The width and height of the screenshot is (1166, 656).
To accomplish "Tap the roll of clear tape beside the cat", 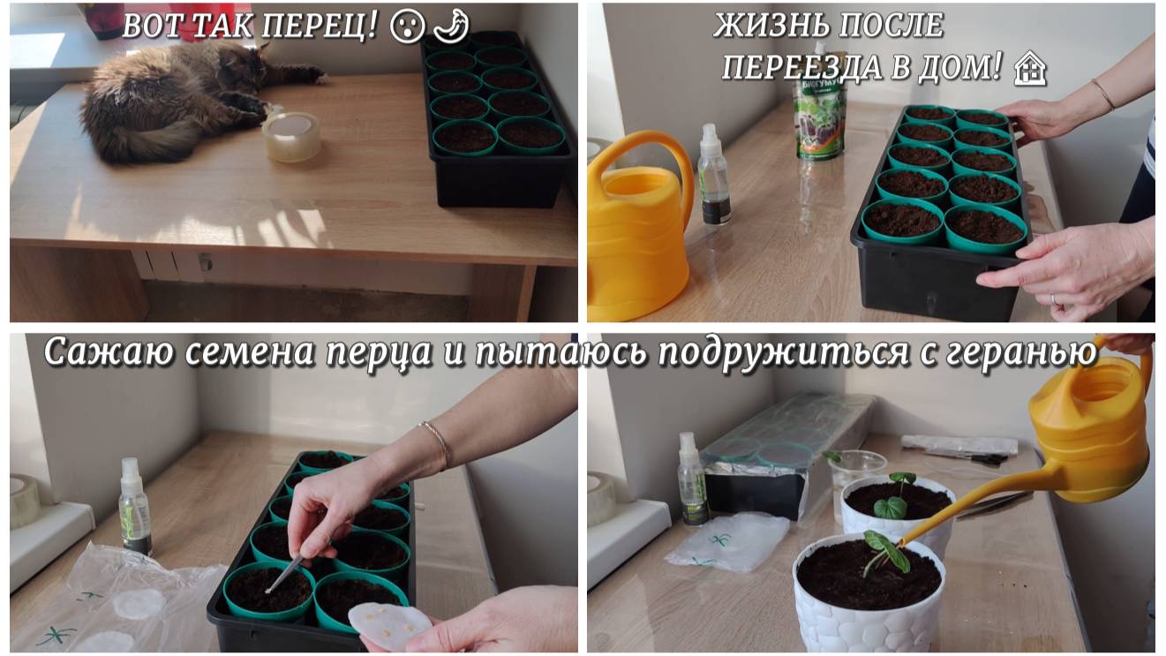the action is (x=291, y=136).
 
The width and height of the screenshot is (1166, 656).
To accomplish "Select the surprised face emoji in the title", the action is (x=408, y=26).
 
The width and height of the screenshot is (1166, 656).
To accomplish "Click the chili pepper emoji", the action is (x=451, y=26).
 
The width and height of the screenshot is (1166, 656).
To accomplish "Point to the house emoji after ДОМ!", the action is (x=1029, y=68).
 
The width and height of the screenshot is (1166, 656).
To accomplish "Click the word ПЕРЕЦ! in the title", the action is (x=319, y=26).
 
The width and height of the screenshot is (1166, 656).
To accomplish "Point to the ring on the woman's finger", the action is (x=1052, y=299).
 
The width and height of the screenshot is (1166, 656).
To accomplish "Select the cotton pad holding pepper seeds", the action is (x=389, y=626).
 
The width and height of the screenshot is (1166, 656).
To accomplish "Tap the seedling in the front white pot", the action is (x=885, y=553).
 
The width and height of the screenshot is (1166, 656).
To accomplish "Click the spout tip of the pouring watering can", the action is (x=901, y=544).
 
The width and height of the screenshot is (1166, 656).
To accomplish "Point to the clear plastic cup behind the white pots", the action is (x=857, y=475).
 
